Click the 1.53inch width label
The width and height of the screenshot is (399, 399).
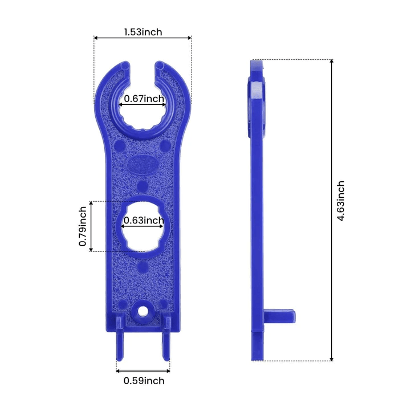tap(142, 32)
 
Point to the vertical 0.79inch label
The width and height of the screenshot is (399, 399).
tap(83, 226)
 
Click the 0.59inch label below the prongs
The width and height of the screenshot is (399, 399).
tap(144, 381)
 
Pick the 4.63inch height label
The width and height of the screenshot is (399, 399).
tap(341, 202)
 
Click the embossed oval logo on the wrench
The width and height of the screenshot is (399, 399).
tap(142, 165)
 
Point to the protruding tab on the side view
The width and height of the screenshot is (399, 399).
tap(280, 314)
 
